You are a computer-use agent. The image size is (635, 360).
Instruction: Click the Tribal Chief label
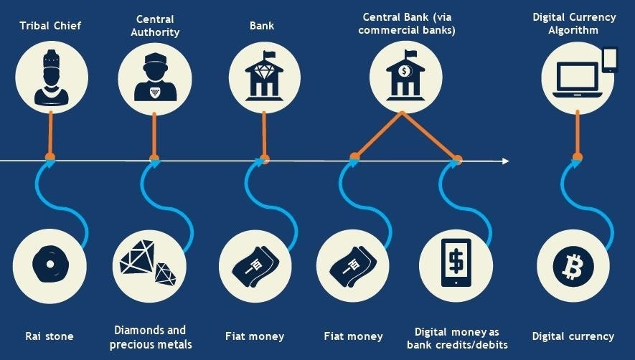50,26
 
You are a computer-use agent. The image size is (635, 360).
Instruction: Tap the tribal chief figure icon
50,77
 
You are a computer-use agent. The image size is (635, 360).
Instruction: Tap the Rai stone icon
50,266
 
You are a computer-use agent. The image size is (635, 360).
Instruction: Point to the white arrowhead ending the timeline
505,161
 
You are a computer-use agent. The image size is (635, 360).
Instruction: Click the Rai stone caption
50,336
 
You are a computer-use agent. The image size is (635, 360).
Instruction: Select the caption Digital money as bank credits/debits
456,338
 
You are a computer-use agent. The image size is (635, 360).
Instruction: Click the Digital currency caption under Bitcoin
573,336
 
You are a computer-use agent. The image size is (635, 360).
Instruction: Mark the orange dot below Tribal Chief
50,156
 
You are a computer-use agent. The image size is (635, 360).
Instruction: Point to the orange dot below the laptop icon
577,156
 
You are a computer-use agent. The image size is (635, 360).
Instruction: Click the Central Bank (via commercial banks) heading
406,23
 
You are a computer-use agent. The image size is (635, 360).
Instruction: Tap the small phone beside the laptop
610,60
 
